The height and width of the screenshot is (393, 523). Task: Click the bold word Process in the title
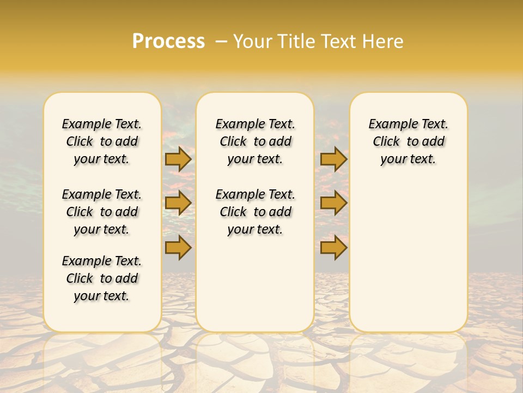(168, 41)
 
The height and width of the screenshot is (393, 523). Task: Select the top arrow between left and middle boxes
(178, 159)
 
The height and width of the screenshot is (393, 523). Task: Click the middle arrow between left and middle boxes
(178, 203)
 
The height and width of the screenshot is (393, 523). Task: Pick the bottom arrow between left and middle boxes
(178, 248)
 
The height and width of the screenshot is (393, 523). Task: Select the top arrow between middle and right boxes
(333, 159)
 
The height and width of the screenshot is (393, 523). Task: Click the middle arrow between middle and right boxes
(333, 203)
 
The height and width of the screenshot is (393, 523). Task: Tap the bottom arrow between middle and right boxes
(333, 248)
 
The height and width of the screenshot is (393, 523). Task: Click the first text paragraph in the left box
(102, 141)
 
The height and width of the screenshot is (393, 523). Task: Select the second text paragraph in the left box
(102, 212)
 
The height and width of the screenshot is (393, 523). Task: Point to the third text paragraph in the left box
(102, 278)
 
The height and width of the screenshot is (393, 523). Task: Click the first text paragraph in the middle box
(256, 141)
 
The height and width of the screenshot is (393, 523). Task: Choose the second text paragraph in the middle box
(256, 212)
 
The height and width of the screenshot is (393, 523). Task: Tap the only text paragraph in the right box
(409, 141)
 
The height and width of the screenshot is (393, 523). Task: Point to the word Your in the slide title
(252, 41)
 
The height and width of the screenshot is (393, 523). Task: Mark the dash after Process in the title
(221, 41)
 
